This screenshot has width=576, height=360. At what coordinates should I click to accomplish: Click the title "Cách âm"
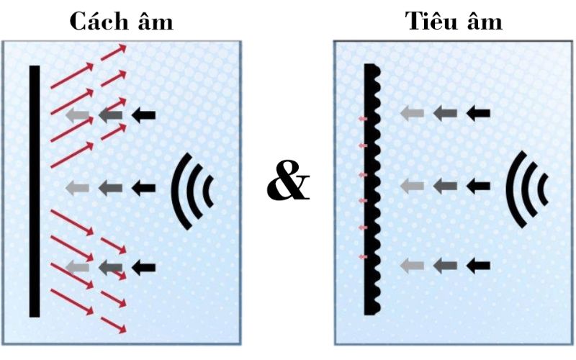tap(122, 22)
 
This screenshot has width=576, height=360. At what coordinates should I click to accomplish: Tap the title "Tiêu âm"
tap(454, 22)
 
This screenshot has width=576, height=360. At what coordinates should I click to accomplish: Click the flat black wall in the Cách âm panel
tap(34, 191)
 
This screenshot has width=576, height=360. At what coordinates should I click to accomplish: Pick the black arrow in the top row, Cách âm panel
tap(144, 114)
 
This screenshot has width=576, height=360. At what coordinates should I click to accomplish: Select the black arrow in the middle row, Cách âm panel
tap(144, 188)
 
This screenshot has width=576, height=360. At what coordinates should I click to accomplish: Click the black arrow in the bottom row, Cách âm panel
tap(144, 267)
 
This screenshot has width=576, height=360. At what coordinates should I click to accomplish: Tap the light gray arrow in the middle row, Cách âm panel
tap(77, 188)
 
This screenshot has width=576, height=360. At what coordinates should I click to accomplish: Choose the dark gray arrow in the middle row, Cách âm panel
tap(110, 188)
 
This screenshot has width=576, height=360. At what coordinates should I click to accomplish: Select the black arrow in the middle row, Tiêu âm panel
tap(478, 186)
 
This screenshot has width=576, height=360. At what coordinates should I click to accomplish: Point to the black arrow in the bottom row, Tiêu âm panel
tap(478, 265)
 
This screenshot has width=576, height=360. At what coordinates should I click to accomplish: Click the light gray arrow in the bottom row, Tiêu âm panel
tap(412, 265)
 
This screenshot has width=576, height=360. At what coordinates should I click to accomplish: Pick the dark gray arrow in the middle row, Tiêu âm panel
tap(445, 186)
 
